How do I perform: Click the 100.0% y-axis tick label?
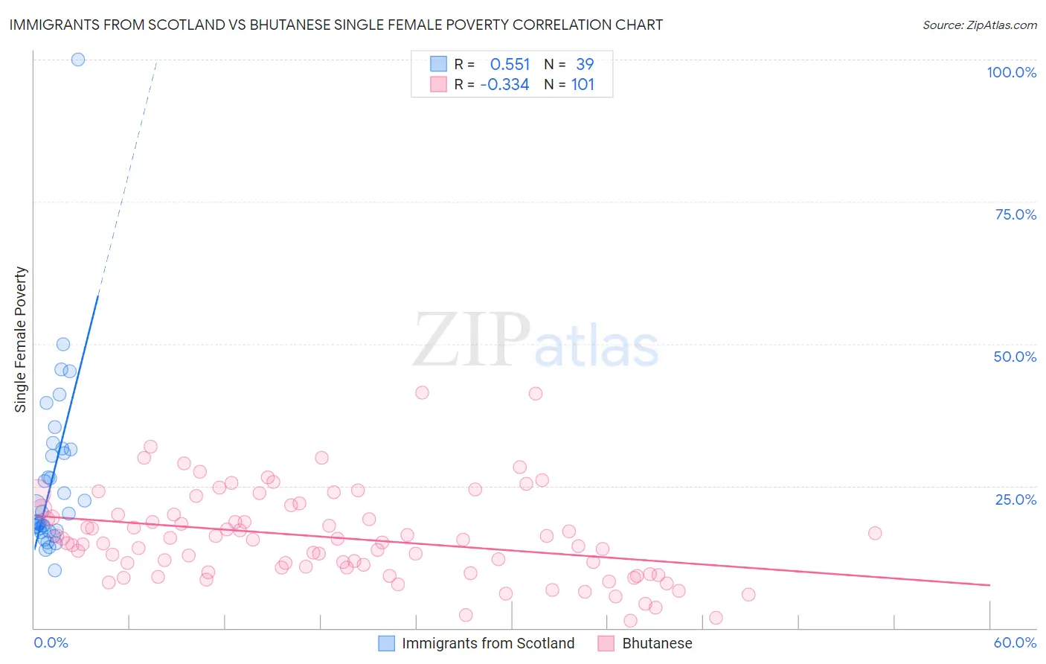click(1011, 72)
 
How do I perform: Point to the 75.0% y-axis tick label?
click(1015, 214)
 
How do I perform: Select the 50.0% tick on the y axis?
click(1015, 357)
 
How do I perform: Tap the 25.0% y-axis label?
click(1015, 499)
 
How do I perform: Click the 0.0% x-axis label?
click(51, 642)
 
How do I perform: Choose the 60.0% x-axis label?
click(1015, 642)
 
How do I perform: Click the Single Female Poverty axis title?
click(21, 339)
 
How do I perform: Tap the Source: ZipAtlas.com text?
click(979, 25)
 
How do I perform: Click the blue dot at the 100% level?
click(78, 60)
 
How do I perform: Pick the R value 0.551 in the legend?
click(510, 65)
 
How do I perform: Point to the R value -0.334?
click(504, 85)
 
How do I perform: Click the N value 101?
click(583, 85)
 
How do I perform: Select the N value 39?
click(585, 65)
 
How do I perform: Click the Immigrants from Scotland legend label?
click(488, 643)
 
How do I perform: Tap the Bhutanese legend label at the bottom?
click(657, 643)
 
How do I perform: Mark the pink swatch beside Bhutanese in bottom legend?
click(606, 643)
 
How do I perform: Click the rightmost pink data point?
click(875, 533)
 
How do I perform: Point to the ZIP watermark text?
click(472, 339)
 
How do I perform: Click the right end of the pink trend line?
click(989, 585)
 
